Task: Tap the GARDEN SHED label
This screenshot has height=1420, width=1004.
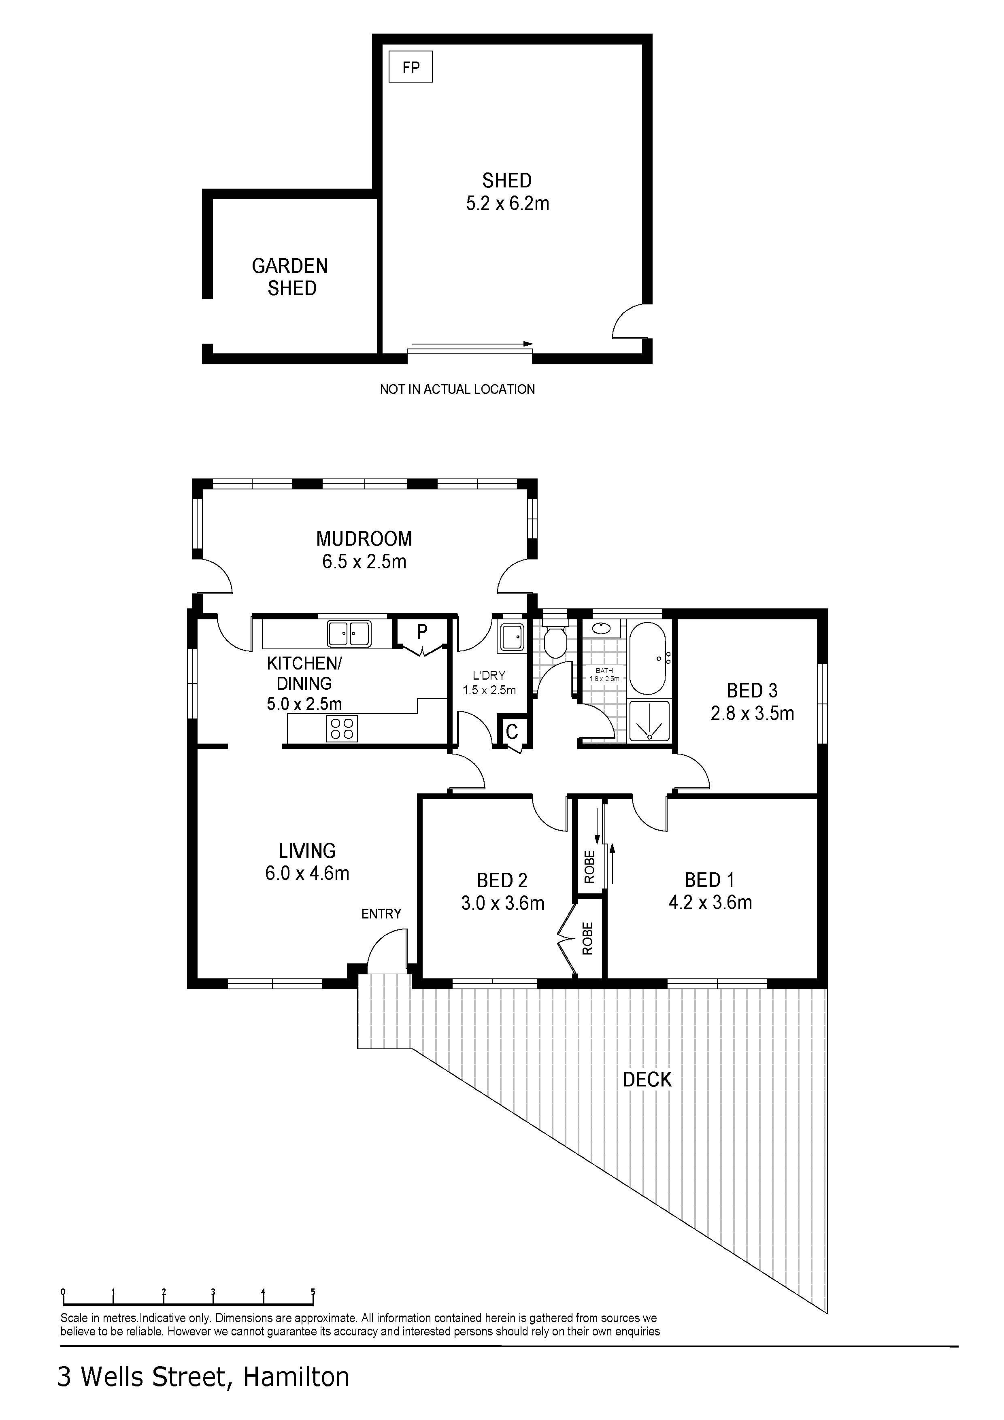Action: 290,277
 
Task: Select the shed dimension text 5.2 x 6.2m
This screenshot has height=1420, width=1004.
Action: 507,204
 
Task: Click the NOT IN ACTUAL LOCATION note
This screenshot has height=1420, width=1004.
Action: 457,389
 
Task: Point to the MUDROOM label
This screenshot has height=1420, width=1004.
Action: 364,539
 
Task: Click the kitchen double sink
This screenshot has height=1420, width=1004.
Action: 349,633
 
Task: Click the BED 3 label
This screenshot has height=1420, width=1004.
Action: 752,690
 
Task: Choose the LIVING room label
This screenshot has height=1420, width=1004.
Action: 307,851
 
